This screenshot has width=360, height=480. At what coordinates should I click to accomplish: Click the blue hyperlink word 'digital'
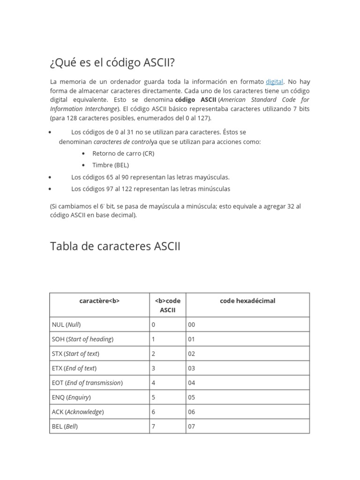click(x=274, y=82)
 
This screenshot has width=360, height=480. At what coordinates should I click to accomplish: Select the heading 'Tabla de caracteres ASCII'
click(x=115, y=246)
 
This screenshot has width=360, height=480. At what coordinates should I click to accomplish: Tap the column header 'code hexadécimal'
click(x=247, y=301)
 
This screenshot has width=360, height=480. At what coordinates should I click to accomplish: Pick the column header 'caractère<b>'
click(x=99, y=301)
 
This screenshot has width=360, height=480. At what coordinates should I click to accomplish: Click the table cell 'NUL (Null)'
click(x=69, y=324)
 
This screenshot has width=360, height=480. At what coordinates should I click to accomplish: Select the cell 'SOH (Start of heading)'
click(x=83, y=339)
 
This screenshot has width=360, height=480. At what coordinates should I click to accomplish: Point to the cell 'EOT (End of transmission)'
click(x=87, y=382)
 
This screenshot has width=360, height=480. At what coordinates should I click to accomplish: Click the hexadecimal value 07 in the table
click(x=191, y=426)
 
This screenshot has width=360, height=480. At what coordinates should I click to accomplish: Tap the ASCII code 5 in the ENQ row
click(x=153, y=397)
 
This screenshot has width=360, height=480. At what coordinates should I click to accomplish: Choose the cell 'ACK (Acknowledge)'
click(x=78, y=412)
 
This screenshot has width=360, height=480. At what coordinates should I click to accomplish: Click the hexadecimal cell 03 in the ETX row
click(x=191, y=368)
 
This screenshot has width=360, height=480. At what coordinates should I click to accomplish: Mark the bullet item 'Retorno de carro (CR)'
click(x=123, y=153)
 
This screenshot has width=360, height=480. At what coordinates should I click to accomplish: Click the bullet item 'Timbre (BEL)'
click(x=111, y=165)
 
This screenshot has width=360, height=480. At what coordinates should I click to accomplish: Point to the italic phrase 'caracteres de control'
click(x=122, y=142)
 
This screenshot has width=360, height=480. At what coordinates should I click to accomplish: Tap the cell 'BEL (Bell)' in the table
click(x=65, y=426)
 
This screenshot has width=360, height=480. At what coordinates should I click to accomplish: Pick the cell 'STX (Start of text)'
click(x=75, y=353)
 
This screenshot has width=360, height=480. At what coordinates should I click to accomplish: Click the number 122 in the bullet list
click(x=128, y=189)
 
